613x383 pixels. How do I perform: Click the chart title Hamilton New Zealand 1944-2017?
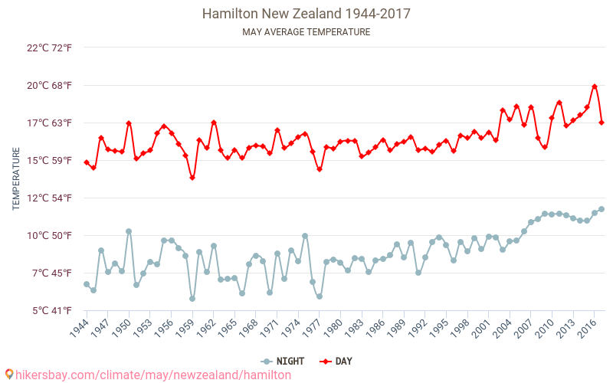coord(306,14)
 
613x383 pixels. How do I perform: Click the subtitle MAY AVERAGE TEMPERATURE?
coord(306,32)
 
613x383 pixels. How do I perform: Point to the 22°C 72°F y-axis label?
coord(49,47)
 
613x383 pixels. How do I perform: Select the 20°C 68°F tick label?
coord(49,85)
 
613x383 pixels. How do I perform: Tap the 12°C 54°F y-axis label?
coord(49,198)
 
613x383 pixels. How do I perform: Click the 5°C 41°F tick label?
coord(51,310)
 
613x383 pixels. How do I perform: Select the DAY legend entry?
coord(337,361)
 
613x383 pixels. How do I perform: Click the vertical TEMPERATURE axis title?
coord(16,179)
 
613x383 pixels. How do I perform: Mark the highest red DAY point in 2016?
coord(595,87)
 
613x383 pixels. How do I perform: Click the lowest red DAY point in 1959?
coord(192,178)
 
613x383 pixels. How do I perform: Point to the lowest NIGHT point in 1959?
coord(192,299)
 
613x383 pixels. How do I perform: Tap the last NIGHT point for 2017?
coord(602,209)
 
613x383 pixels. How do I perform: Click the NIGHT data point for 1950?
coord(129,231)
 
